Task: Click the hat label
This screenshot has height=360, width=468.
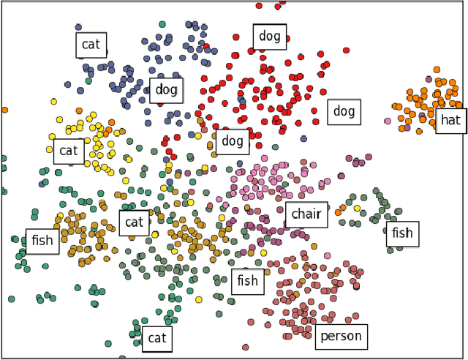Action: [450, 119]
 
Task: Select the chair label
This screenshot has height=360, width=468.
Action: [306, 214]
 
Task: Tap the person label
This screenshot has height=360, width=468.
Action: [341, 337]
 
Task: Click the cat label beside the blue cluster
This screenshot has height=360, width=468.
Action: [91, 45]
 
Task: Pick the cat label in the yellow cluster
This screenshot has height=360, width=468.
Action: [68, 151]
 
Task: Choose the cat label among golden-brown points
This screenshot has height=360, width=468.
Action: [134, 222]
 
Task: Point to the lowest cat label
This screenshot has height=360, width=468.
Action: [157, 338]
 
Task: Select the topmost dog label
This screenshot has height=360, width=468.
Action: [269, 37]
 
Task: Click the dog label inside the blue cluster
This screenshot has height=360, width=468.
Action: [166, 90]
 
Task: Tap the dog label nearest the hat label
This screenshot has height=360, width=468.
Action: [344, 112]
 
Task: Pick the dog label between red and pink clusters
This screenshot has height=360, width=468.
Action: [232, 142]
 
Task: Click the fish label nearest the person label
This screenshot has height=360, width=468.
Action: [247, 281]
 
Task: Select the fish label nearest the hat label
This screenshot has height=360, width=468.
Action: [401, 233]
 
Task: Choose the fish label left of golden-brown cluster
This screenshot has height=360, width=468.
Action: [42, 241]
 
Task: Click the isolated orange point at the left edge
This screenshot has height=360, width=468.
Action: [4, 110]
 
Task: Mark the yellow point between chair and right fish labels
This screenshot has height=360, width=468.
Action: [357, 208]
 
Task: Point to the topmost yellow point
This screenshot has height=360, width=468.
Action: [53, 102]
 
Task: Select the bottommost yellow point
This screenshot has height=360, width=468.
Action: [198, 299]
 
